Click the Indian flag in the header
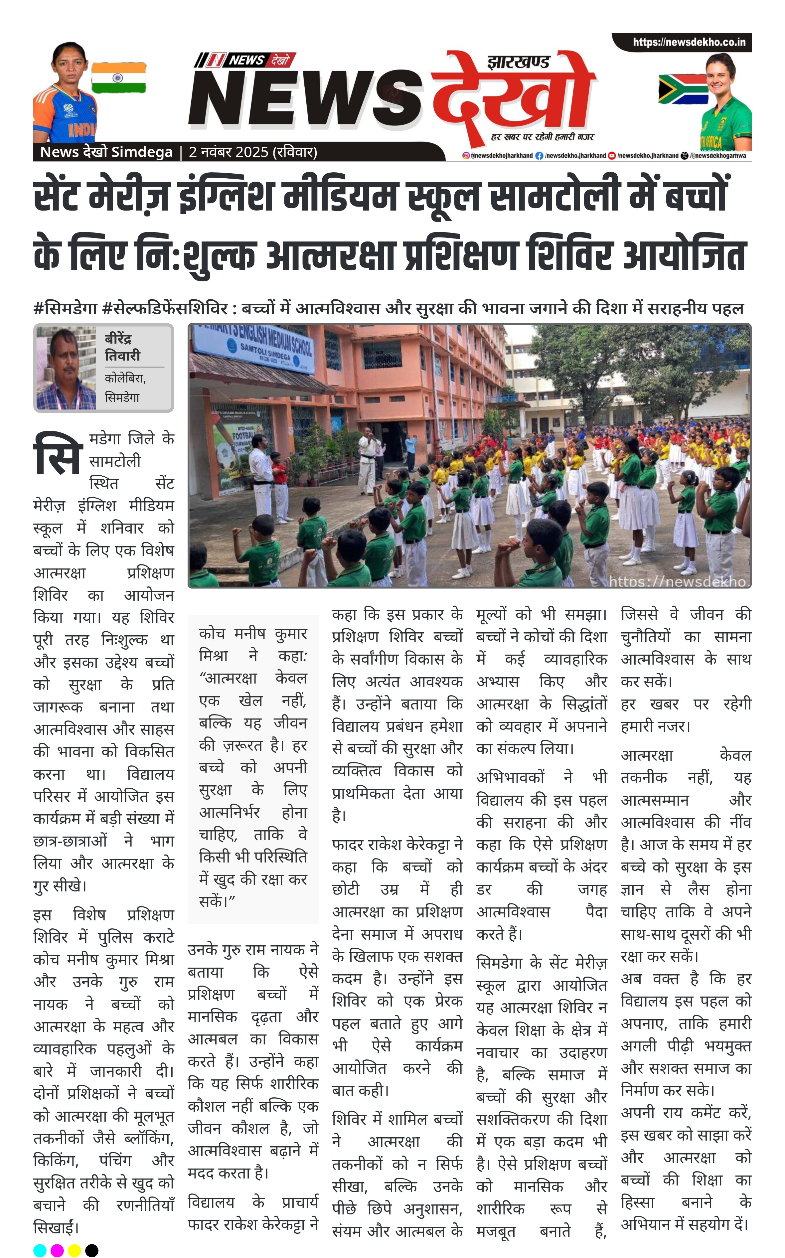(x=118, y=78)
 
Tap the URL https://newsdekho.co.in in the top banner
(x=689, y=42)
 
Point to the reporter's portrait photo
(x=66, y=368)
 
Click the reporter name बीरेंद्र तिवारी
(x=122, y=347)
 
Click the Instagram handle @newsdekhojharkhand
(x=498, y=156)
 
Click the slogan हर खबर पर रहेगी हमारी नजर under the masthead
(x=542, y=137)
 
